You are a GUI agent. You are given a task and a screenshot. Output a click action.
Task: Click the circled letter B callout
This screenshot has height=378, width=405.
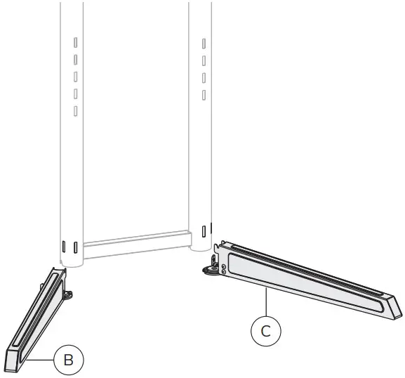coord(68,361)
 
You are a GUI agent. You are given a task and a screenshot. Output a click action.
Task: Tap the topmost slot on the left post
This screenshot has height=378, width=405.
coord(74,43)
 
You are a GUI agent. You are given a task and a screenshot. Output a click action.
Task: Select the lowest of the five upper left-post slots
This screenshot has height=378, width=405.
coord(74,110)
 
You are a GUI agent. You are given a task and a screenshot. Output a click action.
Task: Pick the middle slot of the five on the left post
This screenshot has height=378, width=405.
coord(74,77)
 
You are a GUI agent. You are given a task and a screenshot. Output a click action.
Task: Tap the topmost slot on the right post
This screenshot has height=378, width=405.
coord(204,44)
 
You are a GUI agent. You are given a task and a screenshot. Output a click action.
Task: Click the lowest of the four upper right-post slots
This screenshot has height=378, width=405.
coord(204,94)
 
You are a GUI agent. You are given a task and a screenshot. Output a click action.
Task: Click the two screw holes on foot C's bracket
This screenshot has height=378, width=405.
coord(223,271)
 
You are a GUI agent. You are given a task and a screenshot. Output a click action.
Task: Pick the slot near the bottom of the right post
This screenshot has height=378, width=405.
coord(204,230)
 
